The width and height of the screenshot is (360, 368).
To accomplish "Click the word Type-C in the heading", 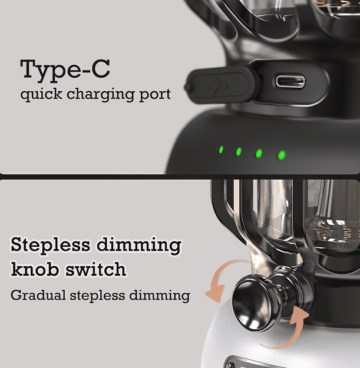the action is pos(65,70).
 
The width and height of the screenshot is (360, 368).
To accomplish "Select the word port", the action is pos(155,95).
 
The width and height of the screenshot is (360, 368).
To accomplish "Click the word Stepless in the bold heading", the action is pos(50,246).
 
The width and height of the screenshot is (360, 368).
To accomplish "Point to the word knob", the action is pos(35,269).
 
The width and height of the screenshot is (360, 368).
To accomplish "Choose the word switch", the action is pos(95,269).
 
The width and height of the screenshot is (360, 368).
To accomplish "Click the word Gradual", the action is pos(38,295).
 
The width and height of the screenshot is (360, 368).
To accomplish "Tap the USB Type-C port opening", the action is pos(290,82).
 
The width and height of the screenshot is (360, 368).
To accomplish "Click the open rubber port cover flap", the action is pos(221,85).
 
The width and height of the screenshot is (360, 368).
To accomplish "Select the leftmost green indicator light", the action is pos(221,150).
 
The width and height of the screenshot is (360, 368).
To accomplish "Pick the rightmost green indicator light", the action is pos(281,155).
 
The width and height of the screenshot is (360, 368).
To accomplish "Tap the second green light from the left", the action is pos(239,151).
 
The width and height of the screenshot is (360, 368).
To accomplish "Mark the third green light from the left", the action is pos(259,154).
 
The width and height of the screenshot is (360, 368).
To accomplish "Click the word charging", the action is pos(101,95).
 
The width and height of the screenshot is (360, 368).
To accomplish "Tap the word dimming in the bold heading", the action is pos(139,246).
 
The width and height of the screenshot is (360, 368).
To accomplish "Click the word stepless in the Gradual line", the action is pos(97,296).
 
